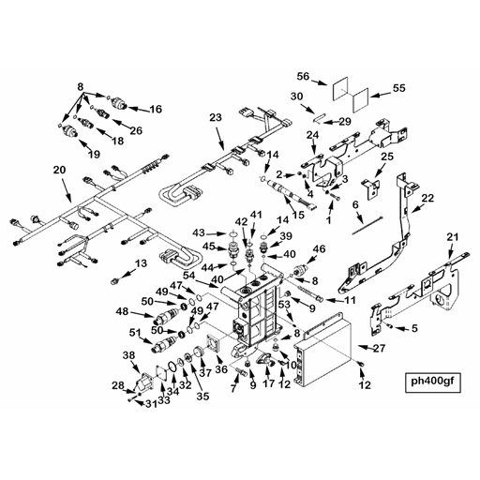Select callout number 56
point(303,76)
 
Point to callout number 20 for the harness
point(59,170)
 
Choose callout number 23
point(215,117)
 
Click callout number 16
point(155,110)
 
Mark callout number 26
point(136,130)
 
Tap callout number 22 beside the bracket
point(427,198)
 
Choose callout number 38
point(129,355)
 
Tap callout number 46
point(319,248)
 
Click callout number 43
point(198,232)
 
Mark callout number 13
point(141,265)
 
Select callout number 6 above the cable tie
point(355,203)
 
